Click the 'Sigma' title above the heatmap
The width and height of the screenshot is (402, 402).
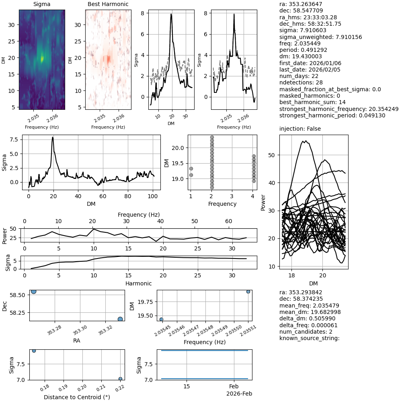(41, 4)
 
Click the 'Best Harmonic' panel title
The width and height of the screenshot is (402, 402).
(108, 4)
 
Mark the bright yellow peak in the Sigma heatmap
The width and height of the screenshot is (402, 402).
(42, 59)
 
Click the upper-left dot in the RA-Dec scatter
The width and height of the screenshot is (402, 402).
(34, 291)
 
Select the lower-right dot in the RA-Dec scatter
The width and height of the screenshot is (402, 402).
(120, 319)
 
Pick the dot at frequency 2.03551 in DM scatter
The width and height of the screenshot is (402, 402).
(248, 291)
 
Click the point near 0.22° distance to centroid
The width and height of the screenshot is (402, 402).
(120, 379)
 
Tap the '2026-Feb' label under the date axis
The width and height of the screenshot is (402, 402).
(239, 394)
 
